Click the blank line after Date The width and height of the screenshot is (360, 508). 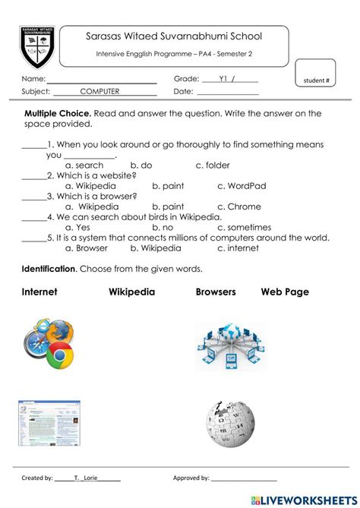coord(227,93)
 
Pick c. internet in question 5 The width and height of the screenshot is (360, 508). coord(237,248)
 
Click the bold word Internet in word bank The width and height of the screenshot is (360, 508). coord(39,292)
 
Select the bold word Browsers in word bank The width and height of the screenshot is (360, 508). coord(216,292)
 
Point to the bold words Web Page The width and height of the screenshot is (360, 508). coord(285,292)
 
